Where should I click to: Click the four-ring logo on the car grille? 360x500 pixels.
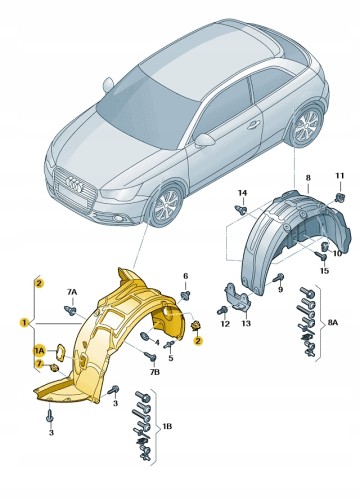click(74, 184)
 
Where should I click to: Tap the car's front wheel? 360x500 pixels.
click(166, 204)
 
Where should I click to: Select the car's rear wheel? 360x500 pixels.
click(306, 126)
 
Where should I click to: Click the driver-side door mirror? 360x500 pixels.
click(204, 140)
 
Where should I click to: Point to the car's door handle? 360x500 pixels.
click(253, 125)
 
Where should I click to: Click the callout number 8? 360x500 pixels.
click(308, 178)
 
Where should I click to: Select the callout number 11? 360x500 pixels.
click(339, 175)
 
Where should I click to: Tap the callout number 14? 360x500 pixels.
click(242, 193)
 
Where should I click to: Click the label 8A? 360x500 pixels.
click(332, 323)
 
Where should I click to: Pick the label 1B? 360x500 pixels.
click(167, 426)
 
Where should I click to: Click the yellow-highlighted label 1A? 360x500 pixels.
click(39, 350)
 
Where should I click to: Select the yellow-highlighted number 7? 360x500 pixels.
click(39, 364)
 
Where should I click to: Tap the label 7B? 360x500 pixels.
click(154, 372)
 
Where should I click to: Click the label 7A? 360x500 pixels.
click(72, 292)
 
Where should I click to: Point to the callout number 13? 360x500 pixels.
click(246, 323)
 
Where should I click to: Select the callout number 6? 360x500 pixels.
click(185, 276)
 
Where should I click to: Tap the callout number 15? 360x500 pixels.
click(324, 271)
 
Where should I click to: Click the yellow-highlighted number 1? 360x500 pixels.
click(24, 323)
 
